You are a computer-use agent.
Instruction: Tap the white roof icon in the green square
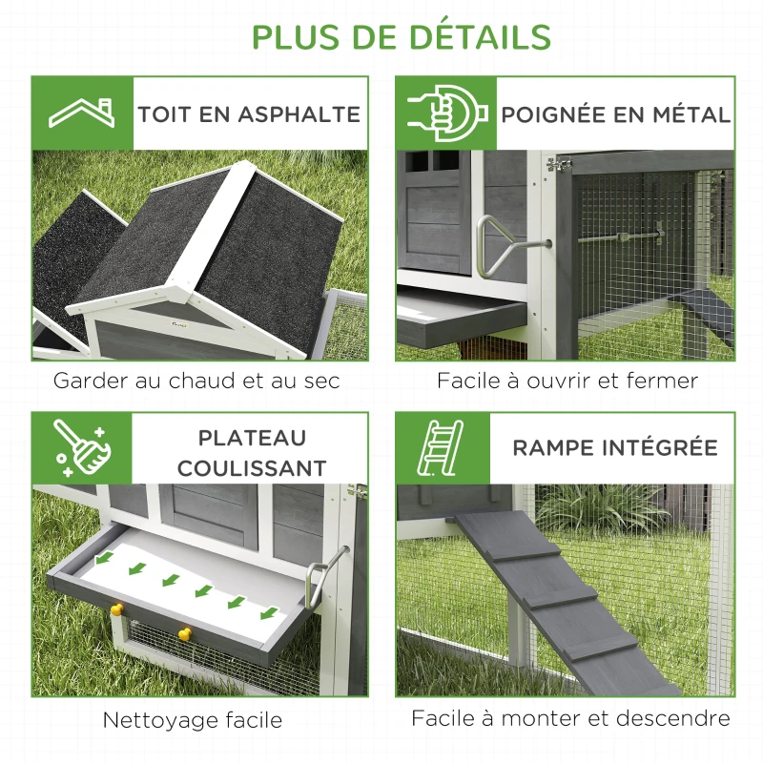click(82, 113)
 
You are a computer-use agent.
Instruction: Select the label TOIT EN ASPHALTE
click(249, 114)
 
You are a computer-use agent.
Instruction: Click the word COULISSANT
click(252, 468)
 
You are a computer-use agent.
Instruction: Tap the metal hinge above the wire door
click(559, 164)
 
